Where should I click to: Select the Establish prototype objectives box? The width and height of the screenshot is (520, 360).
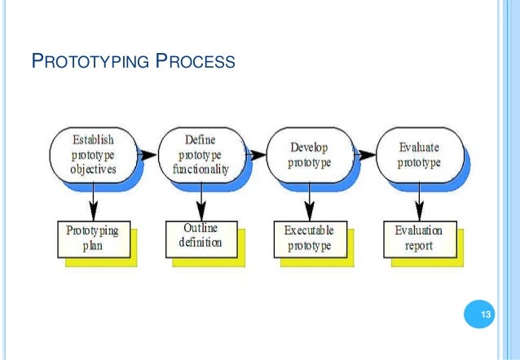[92, 155]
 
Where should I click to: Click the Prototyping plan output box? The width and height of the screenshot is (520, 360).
[92, 238]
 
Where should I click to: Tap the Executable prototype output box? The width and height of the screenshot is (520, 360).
[309, 238]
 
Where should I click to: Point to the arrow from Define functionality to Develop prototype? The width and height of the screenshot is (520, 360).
[255, 152]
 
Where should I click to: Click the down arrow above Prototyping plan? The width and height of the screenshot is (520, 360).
[93, 199]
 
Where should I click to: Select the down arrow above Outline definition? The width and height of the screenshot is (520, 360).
[201, 199]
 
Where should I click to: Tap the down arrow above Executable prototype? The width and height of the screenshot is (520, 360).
[309, 199]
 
